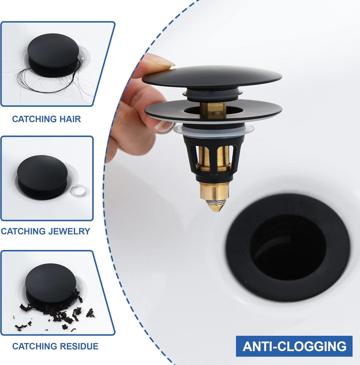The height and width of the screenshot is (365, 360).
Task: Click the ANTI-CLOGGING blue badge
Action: [x=294, y=346]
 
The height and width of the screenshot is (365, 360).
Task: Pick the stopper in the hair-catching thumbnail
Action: [x=53, y=54]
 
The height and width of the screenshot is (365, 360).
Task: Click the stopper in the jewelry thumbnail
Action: [x=42, y=177]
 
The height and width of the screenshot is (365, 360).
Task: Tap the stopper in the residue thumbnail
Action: [x=50, y=285]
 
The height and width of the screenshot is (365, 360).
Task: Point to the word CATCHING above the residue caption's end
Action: [x=33, y=346]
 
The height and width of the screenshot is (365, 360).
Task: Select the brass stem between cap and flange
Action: [x=213, y=110]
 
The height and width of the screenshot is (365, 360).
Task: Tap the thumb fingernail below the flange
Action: [x=164, y=126]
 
